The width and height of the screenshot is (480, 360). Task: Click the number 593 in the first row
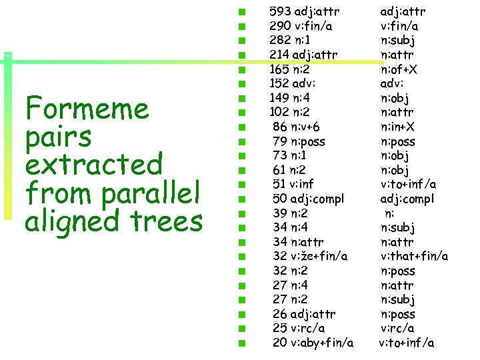click(280, 11)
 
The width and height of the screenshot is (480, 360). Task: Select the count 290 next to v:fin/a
click(280, 26)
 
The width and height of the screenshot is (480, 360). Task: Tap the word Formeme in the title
click(87, 109)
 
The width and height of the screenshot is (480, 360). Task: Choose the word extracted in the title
click(93, 165)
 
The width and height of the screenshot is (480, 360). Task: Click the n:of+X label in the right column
click(399, 69)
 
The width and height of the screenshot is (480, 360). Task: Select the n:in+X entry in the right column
click(399, 127)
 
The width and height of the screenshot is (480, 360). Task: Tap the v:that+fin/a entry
click(414, 256)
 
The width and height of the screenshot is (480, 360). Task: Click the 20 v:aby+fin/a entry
click(313, 343)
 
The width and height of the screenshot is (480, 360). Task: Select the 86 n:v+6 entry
click(296, 127)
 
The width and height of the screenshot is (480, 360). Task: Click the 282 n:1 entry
click(289, 40)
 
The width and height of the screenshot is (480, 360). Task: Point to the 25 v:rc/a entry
click(299, 328)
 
